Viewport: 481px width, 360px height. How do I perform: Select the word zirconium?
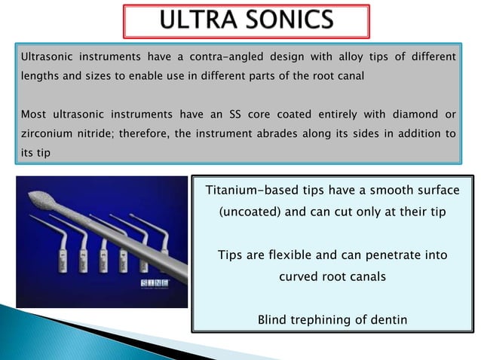(x=46, y=134)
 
